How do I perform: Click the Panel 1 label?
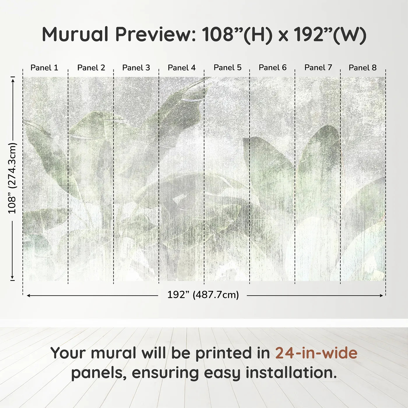coord(44,68)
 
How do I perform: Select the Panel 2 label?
coord(91,68)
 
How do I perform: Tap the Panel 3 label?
coord(136,68)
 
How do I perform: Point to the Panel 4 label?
coord(182,68)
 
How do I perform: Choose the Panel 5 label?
coord(228,68)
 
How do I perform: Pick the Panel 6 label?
coord(273,68)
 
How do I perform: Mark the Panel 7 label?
coord(318,68)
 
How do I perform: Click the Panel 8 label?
coord(363,68)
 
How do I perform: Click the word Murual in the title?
coord(75,34)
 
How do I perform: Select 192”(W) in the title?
coord(330,34)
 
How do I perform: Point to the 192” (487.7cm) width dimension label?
coord(203,295)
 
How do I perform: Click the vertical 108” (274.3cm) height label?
coord(12,178)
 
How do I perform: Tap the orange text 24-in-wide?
coord(316,353)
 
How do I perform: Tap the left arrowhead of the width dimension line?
coord(28,296)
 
